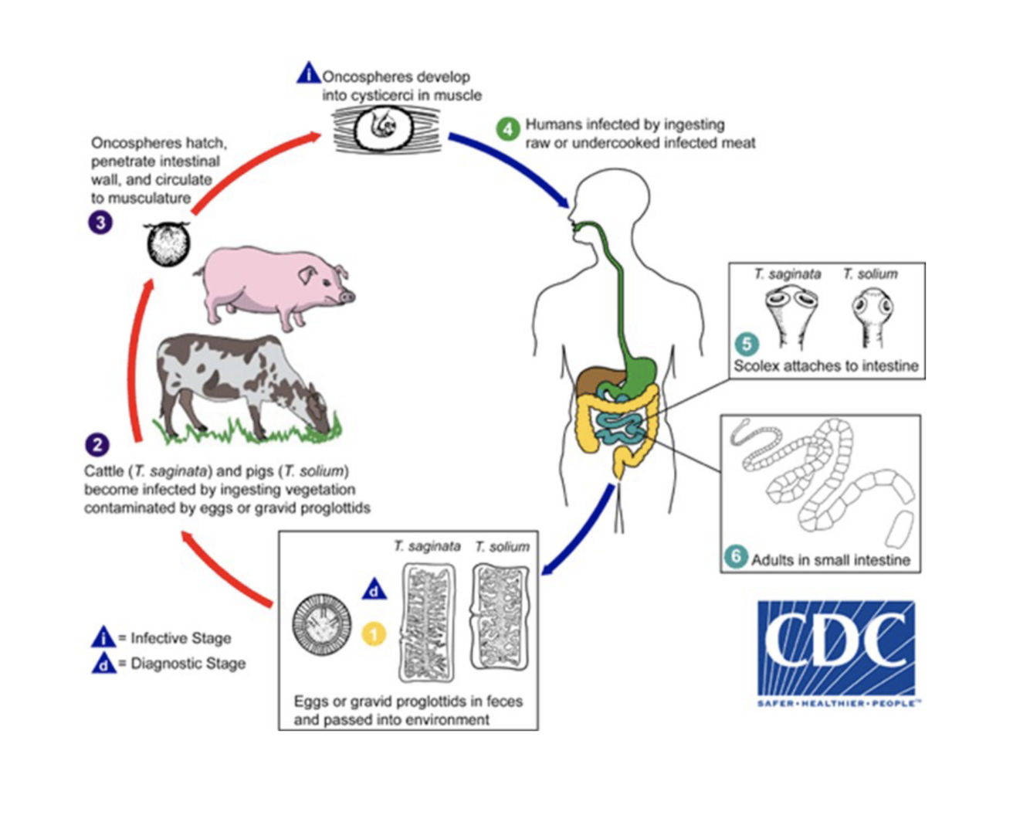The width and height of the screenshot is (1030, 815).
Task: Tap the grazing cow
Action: point(239,382)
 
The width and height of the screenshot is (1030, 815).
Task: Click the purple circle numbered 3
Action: point(100,223)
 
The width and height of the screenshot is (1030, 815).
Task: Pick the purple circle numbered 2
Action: point(97,445)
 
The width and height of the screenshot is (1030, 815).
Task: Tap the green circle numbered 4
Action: point(507,128)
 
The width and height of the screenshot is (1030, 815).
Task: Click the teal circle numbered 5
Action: point(746,344)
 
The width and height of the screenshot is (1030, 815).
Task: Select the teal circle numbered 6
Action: point(736,556)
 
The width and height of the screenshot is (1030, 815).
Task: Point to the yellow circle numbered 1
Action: point(374,634)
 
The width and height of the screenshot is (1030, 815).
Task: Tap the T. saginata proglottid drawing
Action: point(427,623)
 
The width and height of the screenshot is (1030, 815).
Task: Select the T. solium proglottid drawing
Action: point(500,618)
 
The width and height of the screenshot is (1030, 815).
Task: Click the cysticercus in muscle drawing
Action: point(386,128)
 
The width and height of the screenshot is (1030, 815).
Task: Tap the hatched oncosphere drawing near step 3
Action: point(168,244)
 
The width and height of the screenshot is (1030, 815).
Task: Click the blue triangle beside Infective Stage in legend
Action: point(103,637)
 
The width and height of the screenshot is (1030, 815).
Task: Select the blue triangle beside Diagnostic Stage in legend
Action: point(103,663)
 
